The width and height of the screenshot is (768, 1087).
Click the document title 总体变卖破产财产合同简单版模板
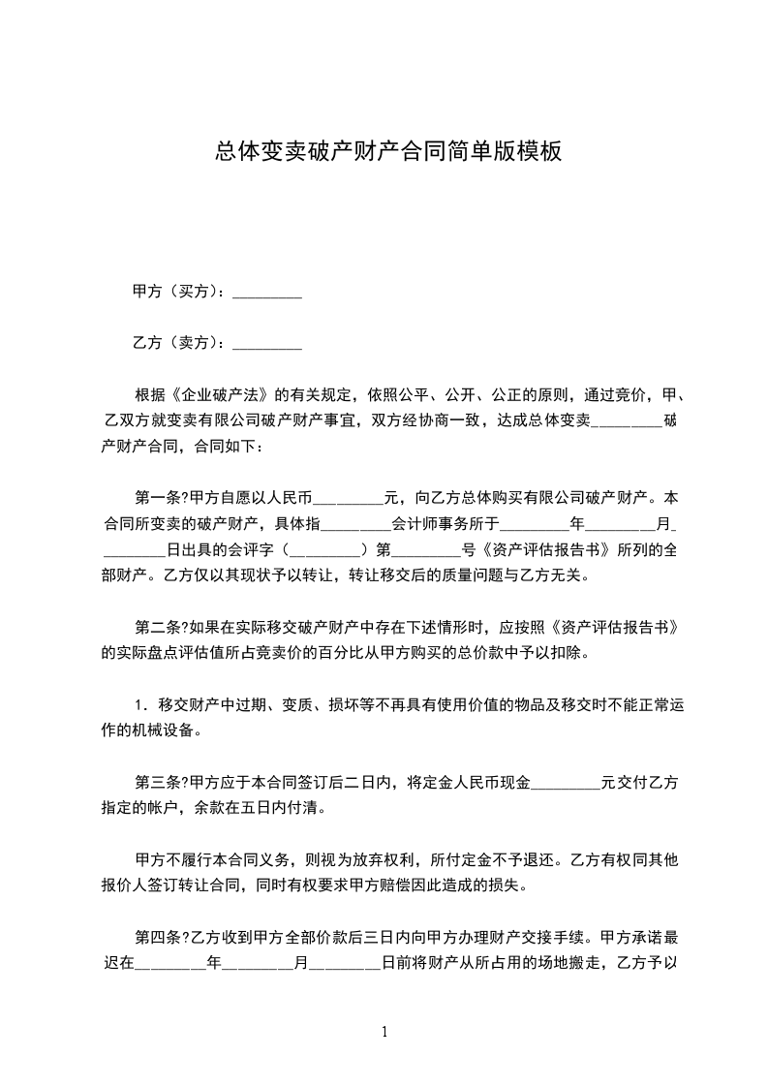pyautogui.click(x=387, y=152)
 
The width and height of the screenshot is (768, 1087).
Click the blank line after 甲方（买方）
pyautogui.click(x=268, y=292)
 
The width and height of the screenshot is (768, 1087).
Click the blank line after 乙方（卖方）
pyautogui.click(x=268, y=343)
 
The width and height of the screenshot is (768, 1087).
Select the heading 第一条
pyautogui.click(x=158, y=499)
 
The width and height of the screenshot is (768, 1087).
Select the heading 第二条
pyautogui.click(x=158, y=628)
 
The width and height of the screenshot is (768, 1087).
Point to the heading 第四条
pyautogui.click(x=158, y=938)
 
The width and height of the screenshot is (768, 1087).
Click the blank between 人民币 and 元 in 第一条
pyautogui.click(x=350, y=501)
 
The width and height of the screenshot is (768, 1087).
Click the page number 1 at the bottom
pyautogui.click(x=384, y=1032)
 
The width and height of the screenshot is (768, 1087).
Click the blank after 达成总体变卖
pyautogui.click(x=627, y=422)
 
